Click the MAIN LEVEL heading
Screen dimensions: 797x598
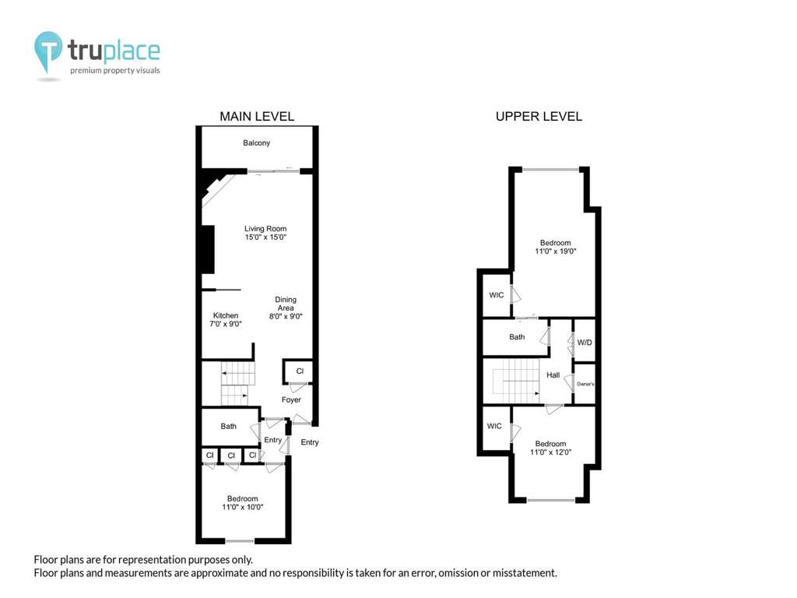tap(257, 117)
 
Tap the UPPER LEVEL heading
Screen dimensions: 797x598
tap(539, 117)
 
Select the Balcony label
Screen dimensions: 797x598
tap(256, 143)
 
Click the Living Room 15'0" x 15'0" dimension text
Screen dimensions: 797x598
tap(265, 237)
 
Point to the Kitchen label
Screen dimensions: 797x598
tap(226, 315)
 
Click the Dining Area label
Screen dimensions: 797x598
tap(286, 304)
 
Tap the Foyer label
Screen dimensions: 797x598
tap(291, 399)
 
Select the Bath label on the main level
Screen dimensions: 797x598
tap(228, 426)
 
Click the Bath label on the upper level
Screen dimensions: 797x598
tap(517, 336)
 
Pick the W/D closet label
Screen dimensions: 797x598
tap(585, 343)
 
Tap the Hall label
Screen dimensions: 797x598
tap(553, 375)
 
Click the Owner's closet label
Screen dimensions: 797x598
tap(585, 384)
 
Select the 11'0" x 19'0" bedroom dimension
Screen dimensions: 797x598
tap(556, 252)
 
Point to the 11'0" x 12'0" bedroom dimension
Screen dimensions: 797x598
tap(550, 452)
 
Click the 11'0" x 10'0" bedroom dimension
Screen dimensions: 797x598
tap(243, 507)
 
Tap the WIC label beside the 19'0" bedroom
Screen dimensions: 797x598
tap(497, 295)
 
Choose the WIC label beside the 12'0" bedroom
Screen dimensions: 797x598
tap(494, 426)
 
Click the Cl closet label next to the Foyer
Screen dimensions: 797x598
tap(300, 371)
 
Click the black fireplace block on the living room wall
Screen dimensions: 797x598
tap(208, 249)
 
